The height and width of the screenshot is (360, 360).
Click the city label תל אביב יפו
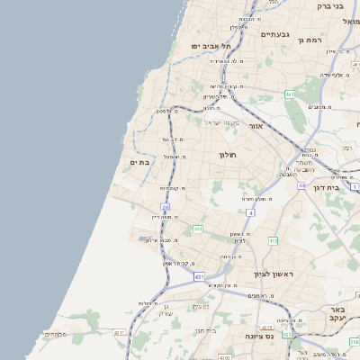pyautogui.click(x=211, y=45)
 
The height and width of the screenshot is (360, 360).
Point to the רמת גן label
pyautogui.click(x=311, y=40)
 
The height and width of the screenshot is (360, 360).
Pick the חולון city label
pyautogui.click(x=227, y=155)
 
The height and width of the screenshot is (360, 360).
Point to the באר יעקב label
pyautogui.click(x=337, y=314)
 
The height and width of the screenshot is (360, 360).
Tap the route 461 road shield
pyautogui.click(x=290, y=94)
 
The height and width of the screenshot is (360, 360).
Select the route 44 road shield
pyautogui.click(x=301, y=185)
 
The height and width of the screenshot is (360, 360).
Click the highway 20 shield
pyautogui.click(x=166, y=207)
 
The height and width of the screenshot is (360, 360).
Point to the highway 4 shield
pyautogui.click(x=251, y=212)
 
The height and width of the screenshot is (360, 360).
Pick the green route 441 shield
pyautogui.click(x=197, y=230)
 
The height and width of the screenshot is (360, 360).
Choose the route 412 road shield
pyautogui.click(x=273, y=241)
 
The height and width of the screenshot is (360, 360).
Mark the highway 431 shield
pyautogui.click(x=200, y=277)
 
